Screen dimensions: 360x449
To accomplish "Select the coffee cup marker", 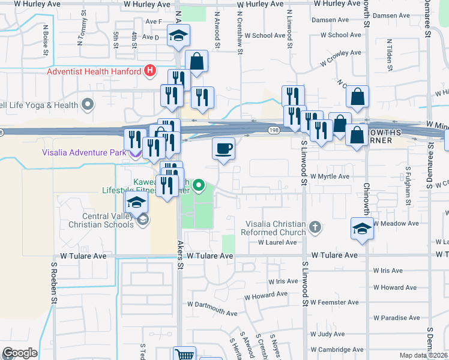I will [x=224, y=149].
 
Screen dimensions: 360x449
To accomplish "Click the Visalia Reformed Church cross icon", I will [x=316, y=228].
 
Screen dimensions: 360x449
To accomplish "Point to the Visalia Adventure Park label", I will [x=83, y=152].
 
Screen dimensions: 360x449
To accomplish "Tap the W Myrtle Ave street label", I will [x=330, y=176].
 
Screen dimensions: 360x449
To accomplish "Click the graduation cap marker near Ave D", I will [x=178, y=36].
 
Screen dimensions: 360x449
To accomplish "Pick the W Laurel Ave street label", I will [x=277, y=242].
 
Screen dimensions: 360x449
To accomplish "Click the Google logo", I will [x=19, y=353].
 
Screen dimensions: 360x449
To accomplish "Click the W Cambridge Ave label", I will [x=337, y=349].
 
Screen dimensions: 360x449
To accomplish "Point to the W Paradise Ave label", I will [x=396, y=317].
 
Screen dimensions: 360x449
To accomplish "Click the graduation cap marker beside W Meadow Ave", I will [x=363, y=229].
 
